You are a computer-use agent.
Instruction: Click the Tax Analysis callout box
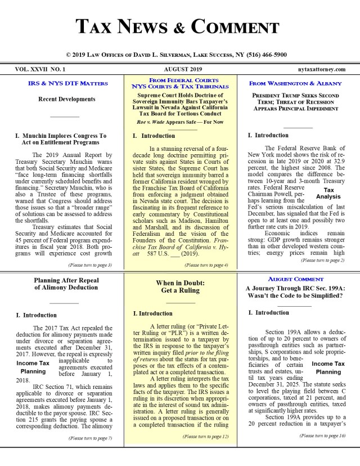point(328,193)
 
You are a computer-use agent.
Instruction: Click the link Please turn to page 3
point(89,265)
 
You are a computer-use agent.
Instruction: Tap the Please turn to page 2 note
point(323,261)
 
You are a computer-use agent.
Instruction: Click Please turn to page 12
point(205,436)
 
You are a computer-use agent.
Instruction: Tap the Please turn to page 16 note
point(322,436)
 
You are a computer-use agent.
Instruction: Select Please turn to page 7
point(89,437)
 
